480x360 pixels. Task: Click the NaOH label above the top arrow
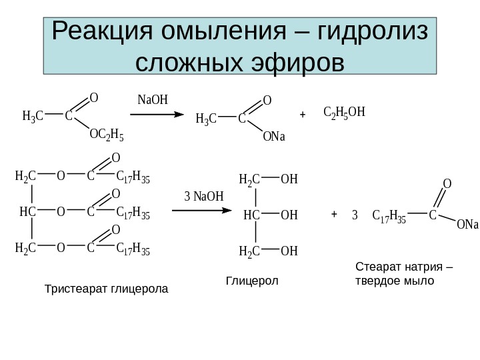[x=153, y=100]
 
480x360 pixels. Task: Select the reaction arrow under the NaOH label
[x=156, y=115]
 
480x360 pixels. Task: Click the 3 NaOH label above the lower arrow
[x=203, y=197]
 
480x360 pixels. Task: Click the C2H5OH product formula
[x=344, y=111]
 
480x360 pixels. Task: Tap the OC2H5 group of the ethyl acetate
[x=107, y=135]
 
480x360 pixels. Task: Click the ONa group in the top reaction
[x=273, y=137]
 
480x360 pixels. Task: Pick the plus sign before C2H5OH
[x=303, y=115]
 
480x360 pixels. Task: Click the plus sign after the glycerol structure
[x=335, y=215]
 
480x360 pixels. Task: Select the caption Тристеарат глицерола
[x=106, y=289]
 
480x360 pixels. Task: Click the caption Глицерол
[x=252, y=281]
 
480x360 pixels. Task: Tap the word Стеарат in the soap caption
[x=376, y=267]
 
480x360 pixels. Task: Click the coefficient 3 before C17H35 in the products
[x=355, y=215]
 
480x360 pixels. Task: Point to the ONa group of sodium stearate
[x=467, y=225]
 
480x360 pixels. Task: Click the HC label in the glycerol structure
[x=251, y=215]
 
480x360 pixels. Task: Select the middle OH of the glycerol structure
[x=289, y=215]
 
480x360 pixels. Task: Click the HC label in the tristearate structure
[x=27, y=212]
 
